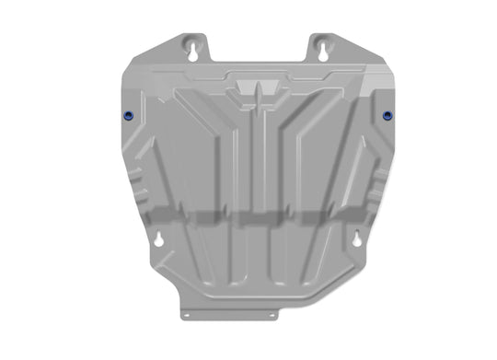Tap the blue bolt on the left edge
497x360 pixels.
(x=126, y=115)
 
